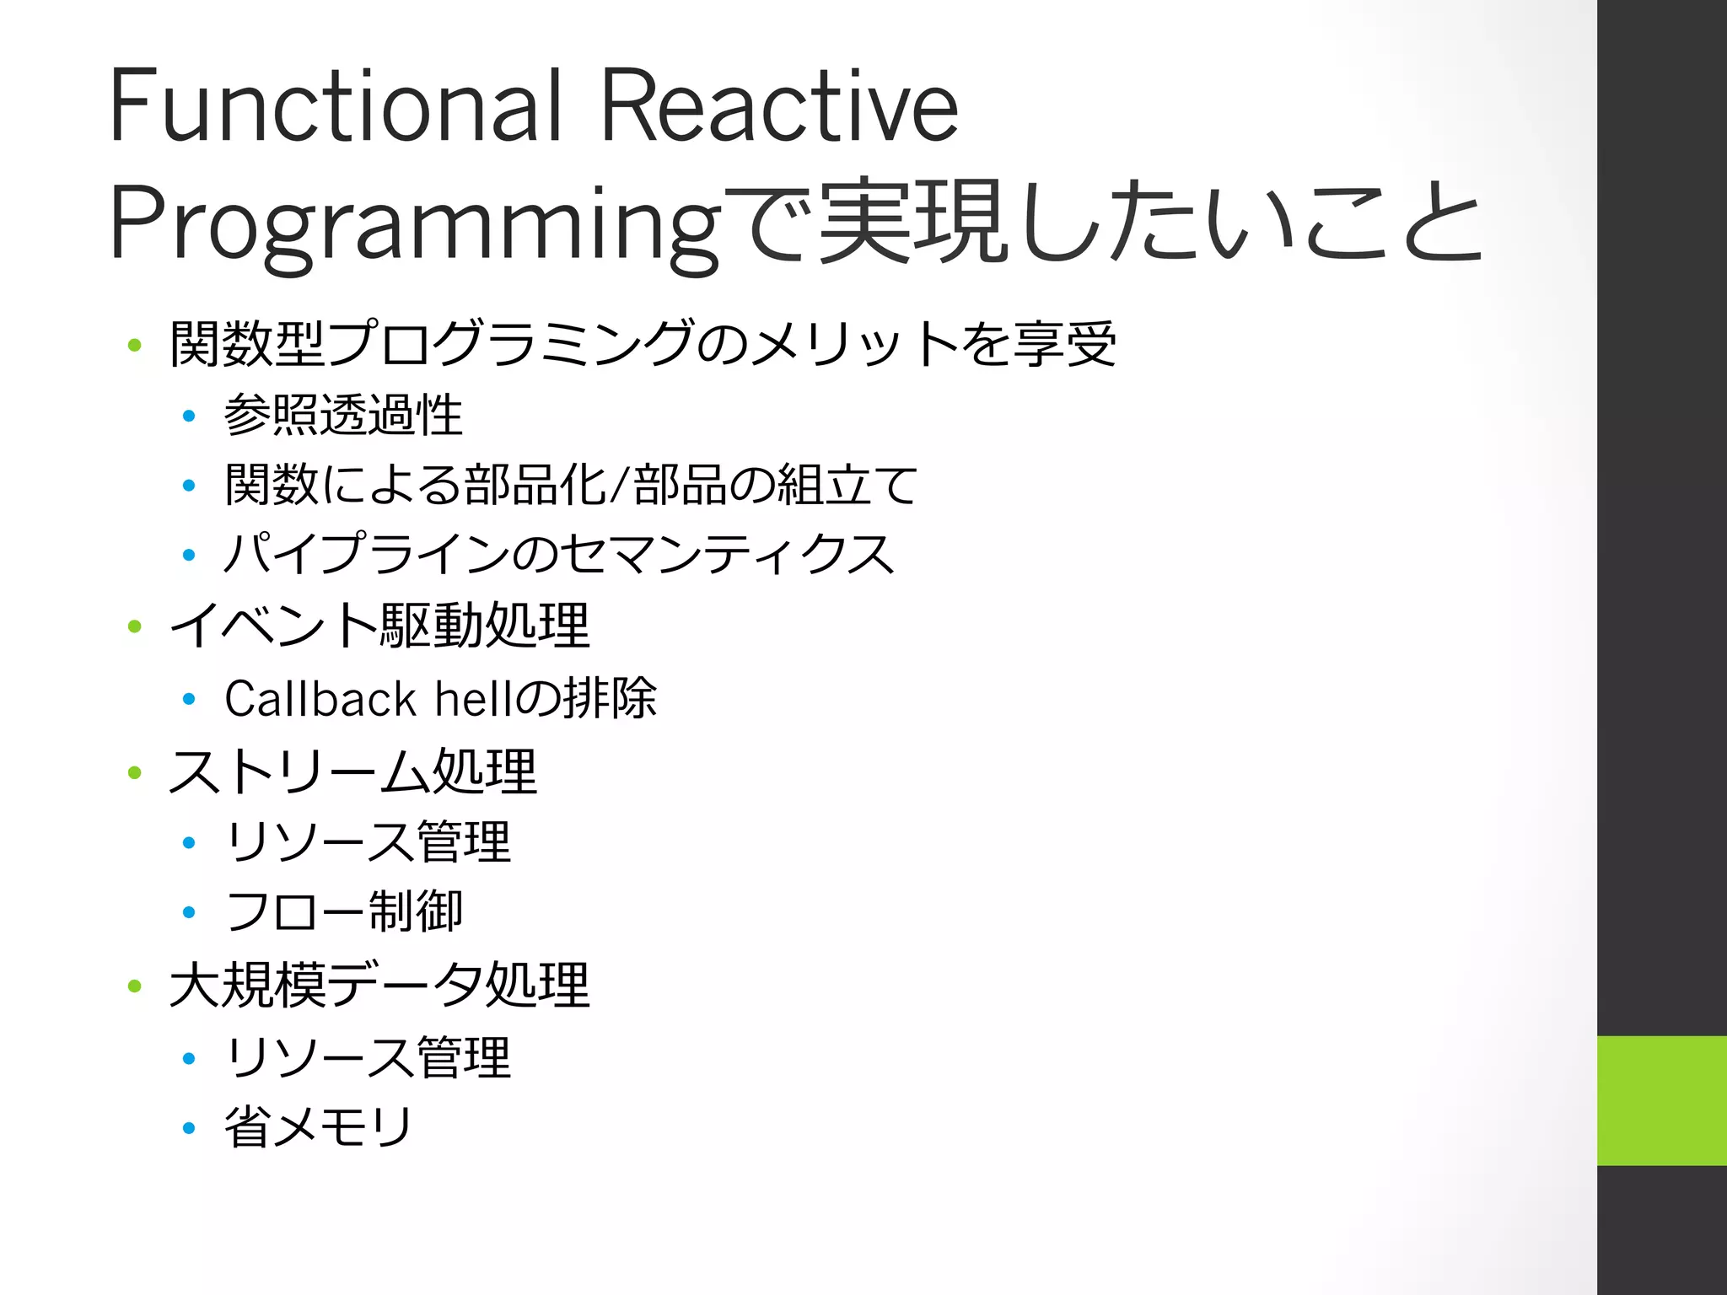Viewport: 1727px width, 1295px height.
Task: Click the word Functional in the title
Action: [336, 105]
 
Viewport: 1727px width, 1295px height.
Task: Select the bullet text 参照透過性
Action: [343, 416]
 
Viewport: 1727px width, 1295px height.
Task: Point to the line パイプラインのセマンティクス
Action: [558, 555]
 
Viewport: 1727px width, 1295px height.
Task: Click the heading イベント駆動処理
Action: [379, 626]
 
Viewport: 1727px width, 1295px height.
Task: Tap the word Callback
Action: [320, 699]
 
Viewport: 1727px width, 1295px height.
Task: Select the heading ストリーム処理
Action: [352, 771]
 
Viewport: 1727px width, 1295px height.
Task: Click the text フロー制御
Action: [343, 911]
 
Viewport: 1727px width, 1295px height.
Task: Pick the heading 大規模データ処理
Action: [379, 985]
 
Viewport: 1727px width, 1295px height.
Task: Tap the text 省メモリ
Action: [318, 1127]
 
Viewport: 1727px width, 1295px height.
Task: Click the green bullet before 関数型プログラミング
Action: [134, 345]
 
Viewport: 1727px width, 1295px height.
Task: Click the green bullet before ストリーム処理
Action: [134, 772]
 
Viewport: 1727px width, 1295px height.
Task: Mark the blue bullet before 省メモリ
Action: [189, 1128]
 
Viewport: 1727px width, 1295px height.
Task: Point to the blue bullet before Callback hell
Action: [189, 699]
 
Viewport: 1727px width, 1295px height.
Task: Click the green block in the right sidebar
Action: [1661, 1100]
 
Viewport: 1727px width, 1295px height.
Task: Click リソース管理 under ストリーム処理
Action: [368, 842]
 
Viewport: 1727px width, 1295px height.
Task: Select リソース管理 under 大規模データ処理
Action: [368, 1057]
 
